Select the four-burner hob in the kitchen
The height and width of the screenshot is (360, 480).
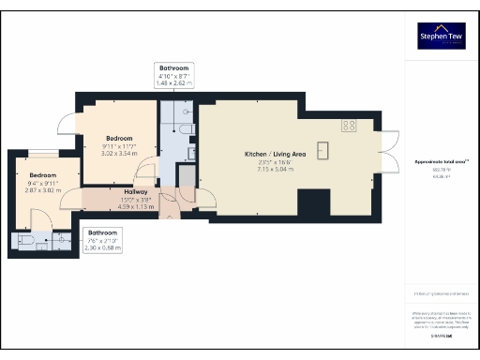350,125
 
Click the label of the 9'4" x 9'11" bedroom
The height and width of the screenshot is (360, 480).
43,175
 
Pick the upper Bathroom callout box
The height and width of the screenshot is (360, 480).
173,76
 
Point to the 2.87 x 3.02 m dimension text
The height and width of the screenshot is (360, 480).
43,190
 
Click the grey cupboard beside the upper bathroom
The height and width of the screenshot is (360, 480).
186,177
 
